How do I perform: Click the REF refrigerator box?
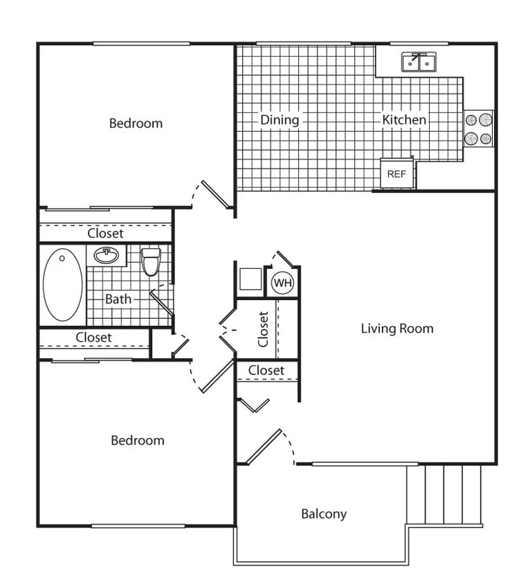397,174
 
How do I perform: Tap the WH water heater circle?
282,283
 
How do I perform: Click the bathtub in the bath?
62,285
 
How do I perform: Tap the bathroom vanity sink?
106,255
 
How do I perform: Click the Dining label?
280,120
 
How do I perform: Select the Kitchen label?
404,120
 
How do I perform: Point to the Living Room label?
397,329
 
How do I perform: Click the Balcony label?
323,514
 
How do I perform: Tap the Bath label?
118,299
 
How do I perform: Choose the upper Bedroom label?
136,123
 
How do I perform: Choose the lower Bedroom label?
138,440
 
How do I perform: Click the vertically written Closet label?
263,329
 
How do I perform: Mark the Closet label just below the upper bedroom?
105,234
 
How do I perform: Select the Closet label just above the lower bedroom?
93,338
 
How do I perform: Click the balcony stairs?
444,495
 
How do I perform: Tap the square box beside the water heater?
250,279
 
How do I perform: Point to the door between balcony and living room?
264,447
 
